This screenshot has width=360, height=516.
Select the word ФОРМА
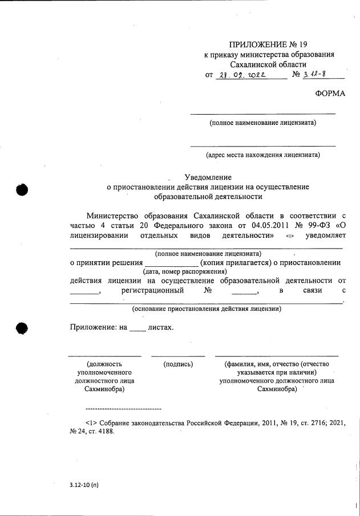coord(330,94)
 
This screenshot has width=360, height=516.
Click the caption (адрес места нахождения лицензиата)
coord(262,154)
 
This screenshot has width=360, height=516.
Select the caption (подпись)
coord(178,364)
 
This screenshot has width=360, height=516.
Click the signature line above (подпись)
coord(178,356)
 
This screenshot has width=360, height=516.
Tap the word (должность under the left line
coord(104,364)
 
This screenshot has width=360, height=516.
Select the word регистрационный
coord(153,290)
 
